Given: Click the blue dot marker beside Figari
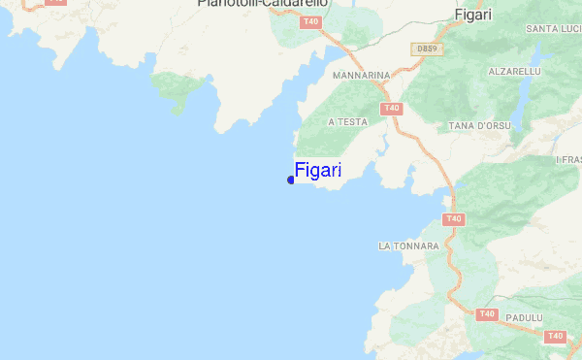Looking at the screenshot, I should pos(291,180).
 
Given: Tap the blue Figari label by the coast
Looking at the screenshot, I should pos(318,171).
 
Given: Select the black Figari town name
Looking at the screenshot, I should pos(473,15).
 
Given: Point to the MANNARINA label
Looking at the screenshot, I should pos(361,75).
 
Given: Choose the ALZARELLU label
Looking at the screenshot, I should pos(514,72).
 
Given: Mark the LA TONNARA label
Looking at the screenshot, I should pos(408,246).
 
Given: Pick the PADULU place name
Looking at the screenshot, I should pos(523,317).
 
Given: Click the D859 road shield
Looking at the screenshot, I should pos(426,48).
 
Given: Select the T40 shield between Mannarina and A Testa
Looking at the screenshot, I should pos(392,108).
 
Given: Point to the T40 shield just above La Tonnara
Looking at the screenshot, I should pos(453,219).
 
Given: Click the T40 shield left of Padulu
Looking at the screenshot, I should pos(487,314).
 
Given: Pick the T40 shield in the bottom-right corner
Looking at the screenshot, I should pos(555,336).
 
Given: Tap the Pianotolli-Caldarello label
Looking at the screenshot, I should pos(263,4).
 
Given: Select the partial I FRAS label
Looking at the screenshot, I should pos(567,159).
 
